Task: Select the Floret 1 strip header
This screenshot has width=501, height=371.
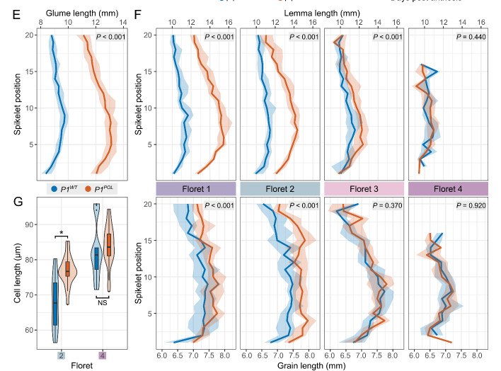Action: [193, 189]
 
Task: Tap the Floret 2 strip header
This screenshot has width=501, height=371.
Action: [278, 189]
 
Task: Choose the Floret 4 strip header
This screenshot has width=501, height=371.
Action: [449, 189]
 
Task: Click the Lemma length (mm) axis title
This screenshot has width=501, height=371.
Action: [317, 13]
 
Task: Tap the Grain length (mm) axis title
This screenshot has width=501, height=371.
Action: [317, 365]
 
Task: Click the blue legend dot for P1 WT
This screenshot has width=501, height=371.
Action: [53, 190]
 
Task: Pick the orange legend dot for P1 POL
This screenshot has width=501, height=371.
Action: [88, 190]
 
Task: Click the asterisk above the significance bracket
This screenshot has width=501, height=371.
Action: [62, 232]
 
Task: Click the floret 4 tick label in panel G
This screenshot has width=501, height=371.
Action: [103, 354]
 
